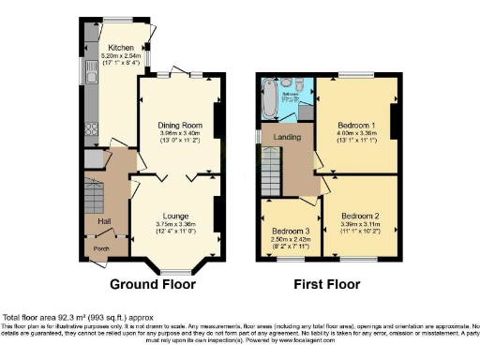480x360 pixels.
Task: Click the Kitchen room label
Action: pyautogui.click(x=120, y=47)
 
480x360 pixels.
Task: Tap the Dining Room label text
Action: pyautogui.click(x=179, y=125)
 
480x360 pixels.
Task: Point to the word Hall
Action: pyautogui.click(x=104, y=221)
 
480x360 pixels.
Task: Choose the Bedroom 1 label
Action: pyautogui.click(x=355, y=125)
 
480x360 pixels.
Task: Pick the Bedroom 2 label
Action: pyautogui.click(x=361, y=215)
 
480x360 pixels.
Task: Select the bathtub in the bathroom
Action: pyautogui.click(x=270, y=98)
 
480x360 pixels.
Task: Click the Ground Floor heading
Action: pyautogui.click(x=153, y=284)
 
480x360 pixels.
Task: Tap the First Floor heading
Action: pyautogui.click(x=329, y=284)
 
